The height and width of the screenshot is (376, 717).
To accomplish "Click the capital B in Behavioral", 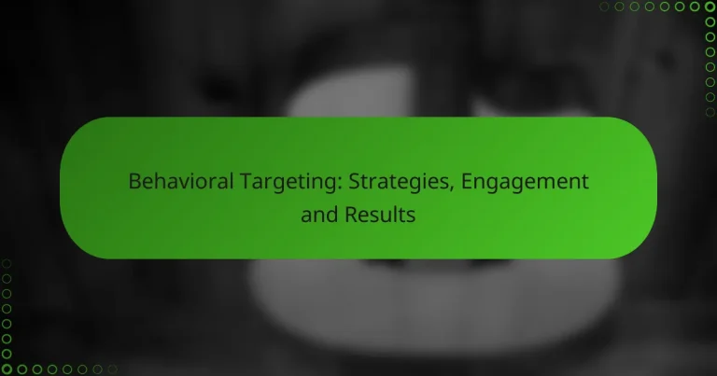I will coord(134,181).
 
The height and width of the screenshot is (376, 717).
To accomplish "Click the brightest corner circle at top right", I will coord(710,7).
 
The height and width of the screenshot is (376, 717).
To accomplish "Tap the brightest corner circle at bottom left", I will coord(7,369).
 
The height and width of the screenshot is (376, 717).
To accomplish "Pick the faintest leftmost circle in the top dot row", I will coord(604,7).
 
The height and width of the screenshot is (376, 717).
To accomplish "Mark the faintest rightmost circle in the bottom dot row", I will coord(113,369).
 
